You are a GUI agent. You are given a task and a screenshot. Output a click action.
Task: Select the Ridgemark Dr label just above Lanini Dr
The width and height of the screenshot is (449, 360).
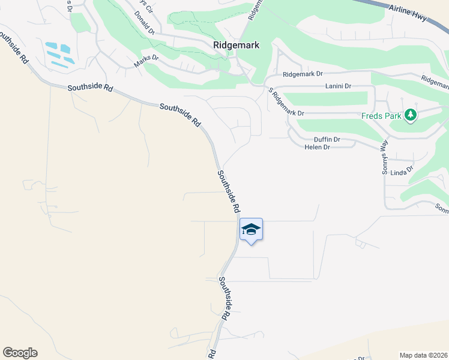pyautogui.click(x=303, y=74)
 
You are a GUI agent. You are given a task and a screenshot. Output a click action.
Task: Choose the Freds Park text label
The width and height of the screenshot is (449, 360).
pyautogui.click(x=381, y=115)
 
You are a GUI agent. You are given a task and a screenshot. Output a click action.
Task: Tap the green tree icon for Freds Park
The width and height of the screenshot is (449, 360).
pyautogui.click(x=411, y=114)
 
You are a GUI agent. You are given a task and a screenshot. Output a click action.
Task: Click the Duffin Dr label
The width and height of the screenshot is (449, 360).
pyautogui.click(x=327, y=139)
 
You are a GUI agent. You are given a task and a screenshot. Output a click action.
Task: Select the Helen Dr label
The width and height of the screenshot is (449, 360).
pyautogui.click(x=318, y=147)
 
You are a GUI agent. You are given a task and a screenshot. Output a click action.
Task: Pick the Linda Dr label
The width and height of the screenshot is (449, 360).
pyautogui.click(x=402, y=172)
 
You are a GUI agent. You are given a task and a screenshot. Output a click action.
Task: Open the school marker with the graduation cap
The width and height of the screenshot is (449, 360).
pyautogui.click(x=251, y=229)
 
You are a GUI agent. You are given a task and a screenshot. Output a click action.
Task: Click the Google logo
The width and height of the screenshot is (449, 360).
pyautogui.click(x=20, y=353)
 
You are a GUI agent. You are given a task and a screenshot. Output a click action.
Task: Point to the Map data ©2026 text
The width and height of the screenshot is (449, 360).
pyautogui.click(x=423, y=355)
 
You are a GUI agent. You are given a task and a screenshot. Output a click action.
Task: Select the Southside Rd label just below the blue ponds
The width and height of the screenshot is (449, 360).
pyautogui.click(x=90, y=88)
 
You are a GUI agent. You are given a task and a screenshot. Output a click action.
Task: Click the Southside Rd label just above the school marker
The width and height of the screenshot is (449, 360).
pyautogui.click(x=228, y=191)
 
